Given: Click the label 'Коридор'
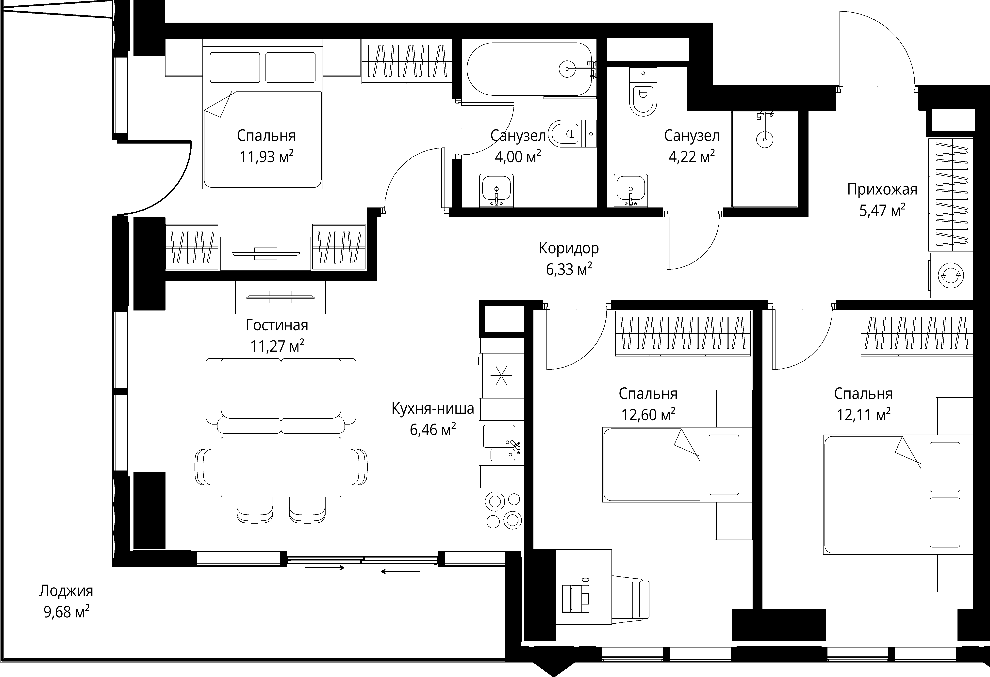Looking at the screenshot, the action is point(569,248).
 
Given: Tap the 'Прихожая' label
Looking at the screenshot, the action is point(882,189).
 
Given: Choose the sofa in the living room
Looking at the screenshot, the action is point(281,396).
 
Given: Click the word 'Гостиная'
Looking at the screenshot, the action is point(277,325).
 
